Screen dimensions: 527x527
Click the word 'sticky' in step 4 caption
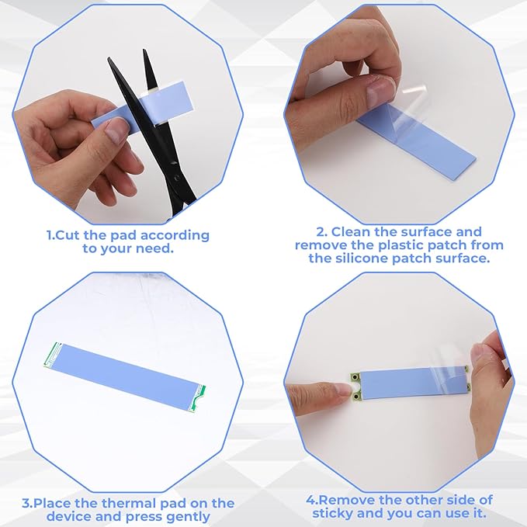[x=332, y=514]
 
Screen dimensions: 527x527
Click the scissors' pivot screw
[x=173, y=163]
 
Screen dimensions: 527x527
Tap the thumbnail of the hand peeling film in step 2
[x=377, y=93]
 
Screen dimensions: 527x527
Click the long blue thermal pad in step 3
[x=125, y=376]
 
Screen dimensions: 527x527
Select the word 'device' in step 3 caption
[x=68, y=517]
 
